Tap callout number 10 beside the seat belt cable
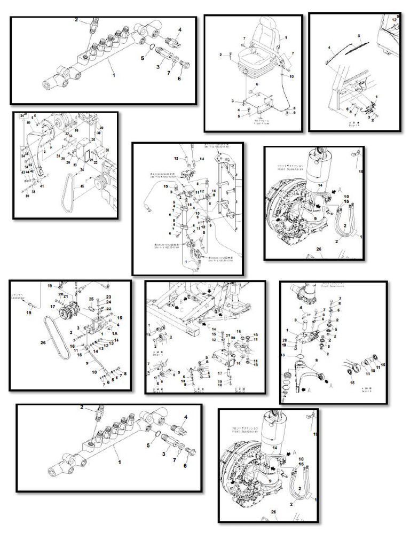pos(291,76)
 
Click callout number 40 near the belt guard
pos(28,122)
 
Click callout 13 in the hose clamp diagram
pos(176,158)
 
